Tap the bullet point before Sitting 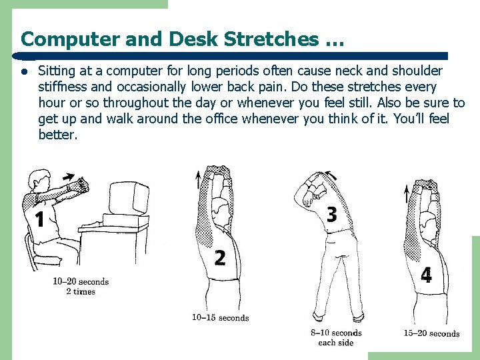(23, 71)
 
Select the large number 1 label (40, 219)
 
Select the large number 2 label (219, 258)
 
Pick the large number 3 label (331, 215)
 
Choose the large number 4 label (426, 275)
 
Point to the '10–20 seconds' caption (81, 281)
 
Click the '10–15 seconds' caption (220, 318)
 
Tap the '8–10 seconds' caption (336, 333)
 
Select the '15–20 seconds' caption (431, 333)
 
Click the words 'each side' (336, 343)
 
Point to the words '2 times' (81, 292)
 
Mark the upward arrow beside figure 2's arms (198, 179)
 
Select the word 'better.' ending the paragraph (58, 135)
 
